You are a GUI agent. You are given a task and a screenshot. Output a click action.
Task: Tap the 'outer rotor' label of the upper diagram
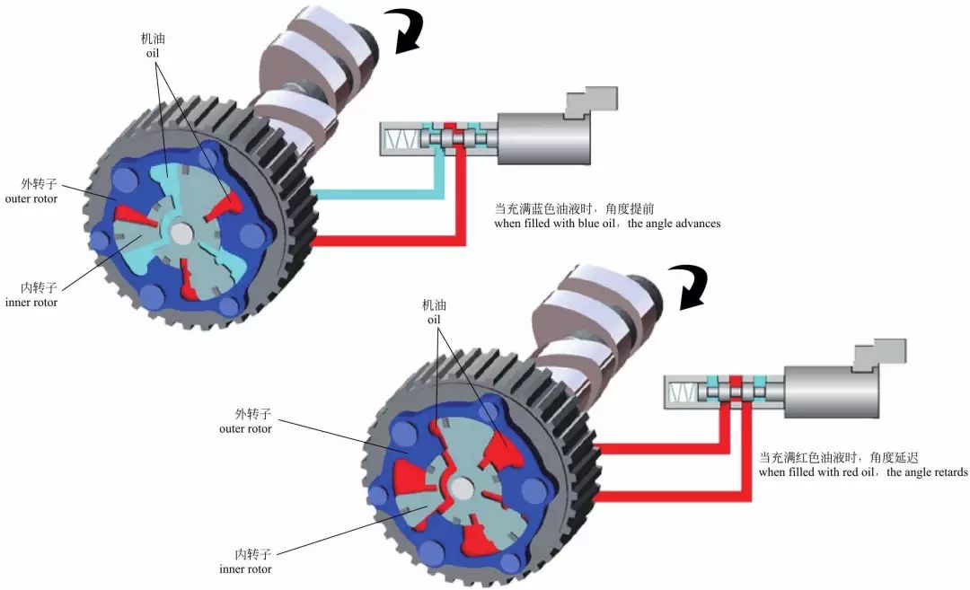click(31, 199)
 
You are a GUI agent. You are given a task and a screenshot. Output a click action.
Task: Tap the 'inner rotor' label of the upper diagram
click(31, 303)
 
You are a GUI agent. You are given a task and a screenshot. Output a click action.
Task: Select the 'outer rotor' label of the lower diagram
click(245, 428)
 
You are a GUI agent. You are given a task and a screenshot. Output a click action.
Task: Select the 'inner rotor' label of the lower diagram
click(245, 569)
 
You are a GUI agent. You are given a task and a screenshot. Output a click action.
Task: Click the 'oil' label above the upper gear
click(152, 53)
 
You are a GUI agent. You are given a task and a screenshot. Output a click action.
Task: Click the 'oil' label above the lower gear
click(434, 320)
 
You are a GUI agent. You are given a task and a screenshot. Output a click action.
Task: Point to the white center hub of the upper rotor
click(181, 233)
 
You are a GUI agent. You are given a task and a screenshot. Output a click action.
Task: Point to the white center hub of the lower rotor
click(461, 489)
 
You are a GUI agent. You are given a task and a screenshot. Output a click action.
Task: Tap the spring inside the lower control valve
click(683, 391)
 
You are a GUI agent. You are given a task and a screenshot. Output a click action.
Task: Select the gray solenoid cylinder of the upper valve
click(543, 138)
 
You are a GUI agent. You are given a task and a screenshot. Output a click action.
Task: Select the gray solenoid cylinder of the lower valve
click(831, 392)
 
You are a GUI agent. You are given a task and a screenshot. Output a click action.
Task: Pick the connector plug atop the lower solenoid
click(879, 355)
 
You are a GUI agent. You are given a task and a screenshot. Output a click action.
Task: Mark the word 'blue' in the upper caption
click(589, 224)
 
